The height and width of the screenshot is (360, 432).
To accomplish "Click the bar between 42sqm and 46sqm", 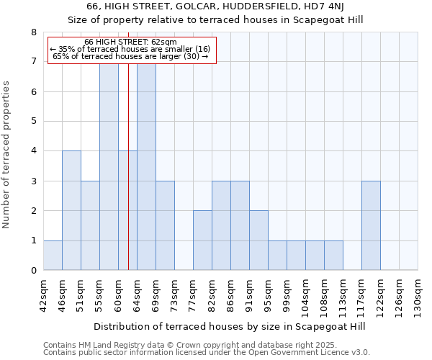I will tap(53, 256).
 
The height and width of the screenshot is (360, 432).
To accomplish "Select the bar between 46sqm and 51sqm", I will tap(71, 210).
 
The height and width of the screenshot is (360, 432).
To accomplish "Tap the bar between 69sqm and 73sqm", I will tap(165, 225).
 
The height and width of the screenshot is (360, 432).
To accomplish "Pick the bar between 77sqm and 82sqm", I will tap(202, 240).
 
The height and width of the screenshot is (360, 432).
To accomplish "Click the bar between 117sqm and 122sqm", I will tap(371, 225).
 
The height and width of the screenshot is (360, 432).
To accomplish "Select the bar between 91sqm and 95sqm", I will tap(258, 240).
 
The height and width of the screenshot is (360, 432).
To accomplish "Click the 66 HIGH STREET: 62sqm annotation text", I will tap(130, 42).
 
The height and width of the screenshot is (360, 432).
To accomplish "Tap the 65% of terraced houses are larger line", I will tap(130, 56).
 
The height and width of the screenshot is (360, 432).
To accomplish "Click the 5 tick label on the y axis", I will tap(33, 121).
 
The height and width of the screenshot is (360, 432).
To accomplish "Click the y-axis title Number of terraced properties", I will tap(7, 155).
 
